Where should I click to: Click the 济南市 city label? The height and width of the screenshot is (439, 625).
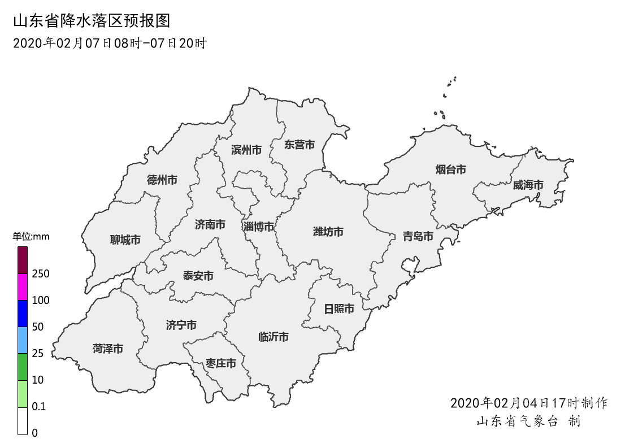(210, 225)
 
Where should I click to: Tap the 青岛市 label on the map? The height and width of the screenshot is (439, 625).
(418, 236)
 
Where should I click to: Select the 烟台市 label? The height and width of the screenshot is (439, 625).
(450, 169)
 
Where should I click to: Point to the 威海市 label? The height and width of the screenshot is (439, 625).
(528, 185)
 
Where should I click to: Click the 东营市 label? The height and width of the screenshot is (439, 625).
(299, 145)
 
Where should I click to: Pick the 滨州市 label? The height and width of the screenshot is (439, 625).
(246, 150)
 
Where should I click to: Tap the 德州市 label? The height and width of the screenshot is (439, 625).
(162, 180)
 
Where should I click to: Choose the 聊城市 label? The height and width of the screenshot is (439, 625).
(125, 240)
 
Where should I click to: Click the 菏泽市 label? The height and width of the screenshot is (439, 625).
(107, 349)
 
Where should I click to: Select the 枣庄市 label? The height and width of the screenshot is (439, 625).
(220, 363)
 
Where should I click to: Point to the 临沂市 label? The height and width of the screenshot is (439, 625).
(273, 337)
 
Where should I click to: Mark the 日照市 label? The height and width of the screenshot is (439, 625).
(338, 309)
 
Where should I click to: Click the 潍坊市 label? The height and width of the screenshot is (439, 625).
(328, 232)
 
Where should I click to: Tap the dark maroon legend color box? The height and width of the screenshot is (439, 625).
(23, 260)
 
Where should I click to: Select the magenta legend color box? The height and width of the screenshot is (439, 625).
(23, 286)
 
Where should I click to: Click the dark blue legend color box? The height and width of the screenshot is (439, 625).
(23, 313)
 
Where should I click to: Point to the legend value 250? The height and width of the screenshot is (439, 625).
(41, 274)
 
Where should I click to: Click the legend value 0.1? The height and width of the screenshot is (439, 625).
(39, 407)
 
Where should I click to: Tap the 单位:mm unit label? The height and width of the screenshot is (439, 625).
(31, 237)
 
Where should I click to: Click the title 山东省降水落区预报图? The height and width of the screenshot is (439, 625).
(91, 21)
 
